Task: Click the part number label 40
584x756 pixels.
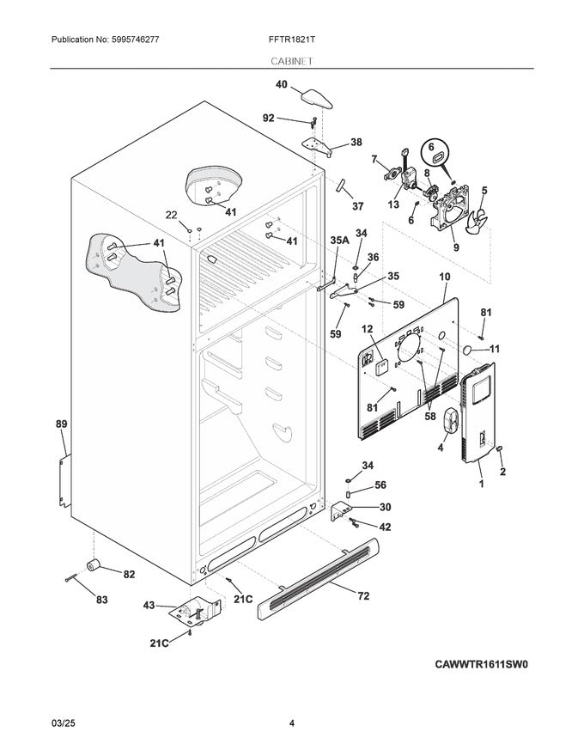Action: point(281,84)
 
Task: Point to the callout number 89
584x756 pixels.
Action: point(61,424)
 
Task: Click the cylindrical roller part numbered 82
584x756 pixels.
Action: point(91,564)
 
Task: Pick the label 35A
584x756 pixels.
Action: point(340,242)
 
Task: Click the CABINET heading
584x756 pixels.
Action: point(291,61)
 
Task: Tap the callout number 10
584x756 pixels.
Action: point(444,277)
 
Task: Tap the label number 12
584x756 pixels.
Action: point(366,328)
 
